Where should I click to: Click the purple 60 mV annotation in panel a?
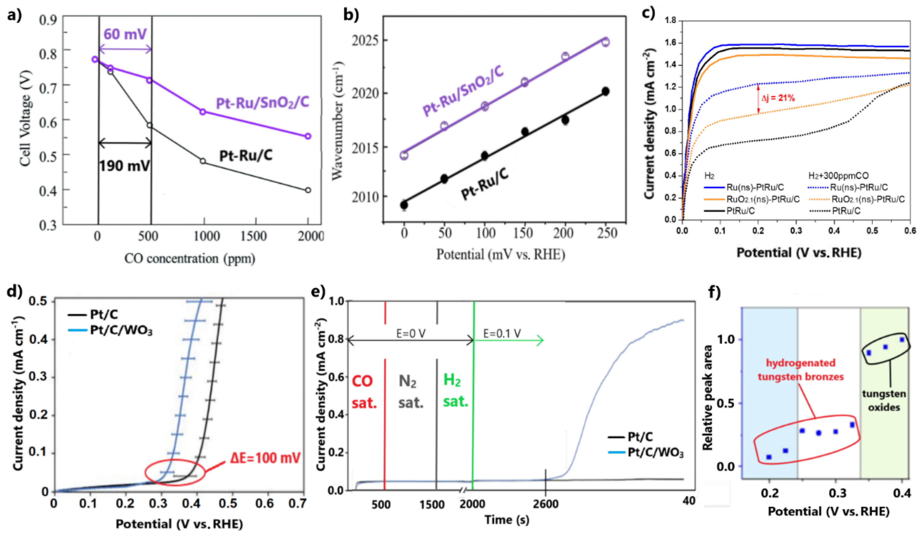125,34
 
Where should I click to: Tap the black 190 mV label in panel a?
125,166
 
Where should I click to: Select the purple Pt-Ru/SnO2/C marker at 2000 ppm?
308,136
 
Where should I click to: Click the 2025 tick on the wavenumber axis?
365,40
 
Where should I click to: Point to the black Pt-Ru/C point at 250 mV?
605,91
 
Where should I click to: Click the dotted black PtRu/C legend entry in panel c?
846,211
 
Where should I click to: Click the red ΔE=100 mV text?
265,458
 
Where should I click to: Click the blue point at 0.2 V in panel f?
769,457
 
